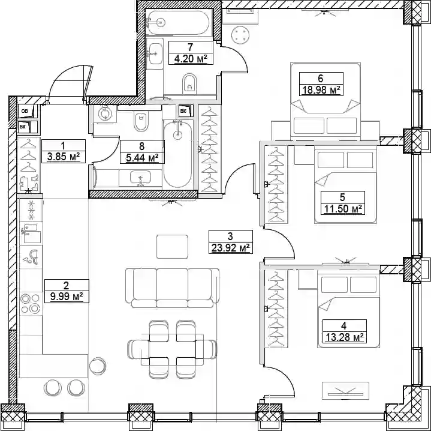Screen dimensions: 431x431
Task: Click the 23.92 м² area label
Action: [x=231, y=248]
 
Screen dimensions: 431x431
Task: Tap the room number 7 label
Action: [x=190, y=47]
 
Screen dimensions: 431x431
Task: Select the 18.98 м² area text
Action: [x=321, y=89]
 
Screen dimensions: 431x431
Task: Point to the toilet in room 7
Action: [x=189, y=82]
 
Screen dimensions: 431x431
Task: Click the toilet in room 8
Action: [x=141, y=121]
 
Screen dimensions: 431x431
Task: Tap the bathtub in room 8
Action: [x=177, y=154]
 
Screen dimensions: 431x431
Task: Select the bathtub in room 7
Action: [x=177, y=23]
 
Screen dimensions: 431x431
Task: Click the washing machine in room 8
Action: [x=105, y=113]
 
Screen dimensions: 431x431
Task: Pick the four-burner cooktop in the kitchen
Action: [x=31, y=304]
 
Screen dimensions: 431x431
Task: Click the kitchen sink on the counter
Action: [x=31, y=233]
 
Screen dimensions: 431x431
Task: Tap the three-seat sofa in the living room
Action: [x=173, y=288]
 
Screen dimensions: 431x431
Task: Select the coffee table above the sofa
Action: [x=173, y=247]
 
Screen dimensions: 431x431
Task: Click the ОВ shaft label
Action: [x=25, y=111]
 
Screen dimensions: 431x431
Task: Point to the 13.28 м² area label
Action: [x=344, y=337]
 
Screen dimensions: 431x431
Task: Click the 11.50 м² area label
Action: [x=343, y=209]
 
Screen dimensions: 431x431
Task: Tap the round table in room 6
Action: [x=240, y=35]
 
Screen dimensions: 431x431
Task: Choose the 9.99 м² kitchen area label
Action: [x=67, y=297]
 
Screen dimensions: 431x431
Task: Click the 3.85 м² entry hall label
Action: [x=64, y=157]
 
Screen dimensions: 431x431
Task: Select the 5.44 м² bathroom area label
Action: [x=143, y=158]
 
